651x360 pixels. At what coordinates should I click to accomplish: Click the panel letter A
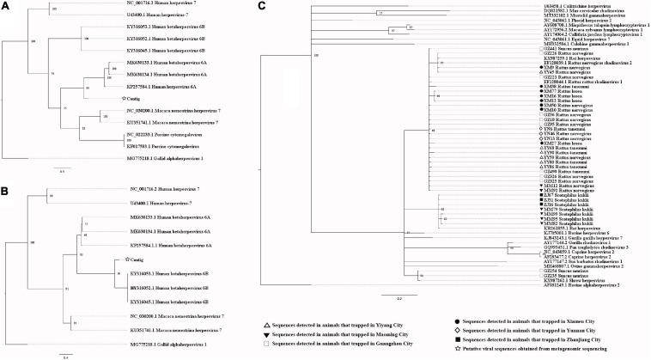[x=6, y=6]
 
